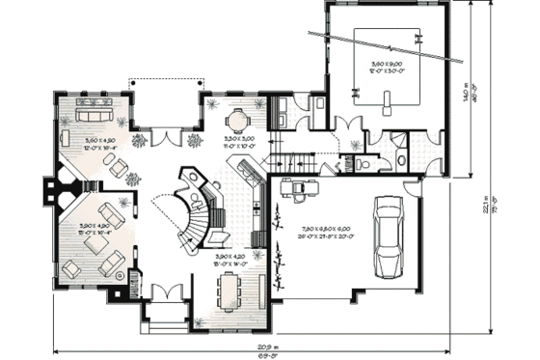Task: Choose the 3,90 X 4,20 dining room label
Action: tap(229, 259)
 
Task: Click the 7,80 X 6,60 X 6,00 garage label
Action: tap(310, 231)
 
